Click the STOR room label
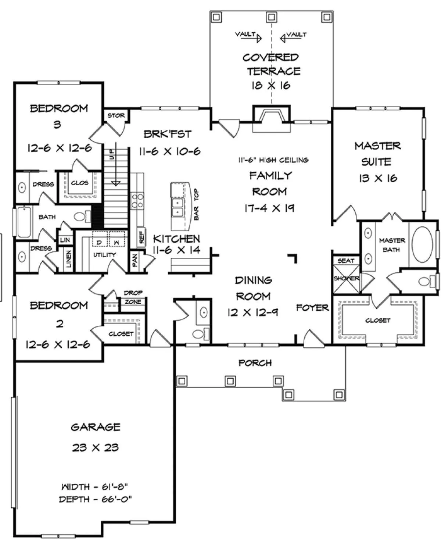(116, 115)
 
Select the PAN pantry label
(135, 260)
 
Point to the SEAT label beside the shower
(346, 261)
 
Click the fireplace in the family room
(271, 117)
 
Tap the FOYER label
(312, 308)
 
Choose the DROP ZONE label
(133, 297)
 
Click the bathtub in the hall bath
(24, 222)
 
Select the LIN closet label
(65, 240)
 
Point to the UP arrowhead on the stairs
(116, 183)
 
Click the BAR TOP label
(196, 204)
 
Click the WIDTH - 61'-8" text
(94, 486)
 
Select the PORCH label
(255, 363)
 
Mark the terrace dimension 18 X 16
(271, 85)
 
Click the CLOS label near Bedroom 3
(80, 183)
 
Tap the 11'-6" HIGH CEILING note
(273, 160)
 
